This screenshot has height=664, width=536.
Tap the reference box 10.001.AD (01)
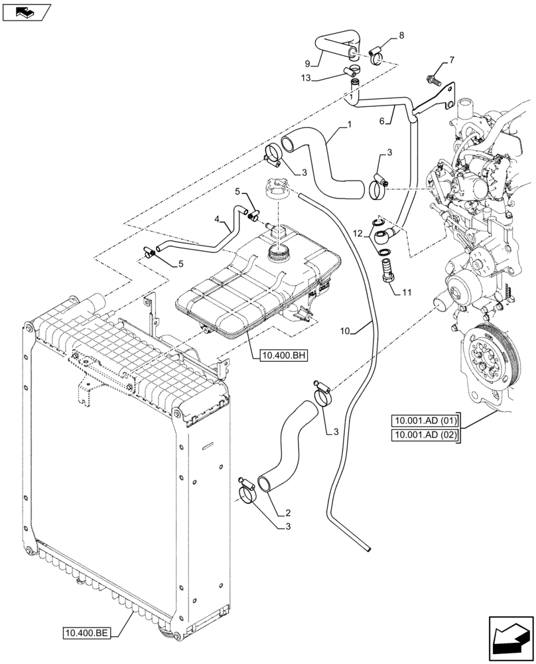tap(425, 420)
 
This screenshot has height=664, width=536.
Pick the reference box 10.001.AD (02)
tap(425, 435)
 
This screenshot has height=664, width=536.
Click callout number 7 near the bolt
tap(452, 60)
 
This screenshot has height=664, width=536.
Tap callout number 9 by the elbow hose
tap(308, 63)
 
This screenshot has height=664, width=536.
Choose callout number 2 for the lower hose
tap(288, 513)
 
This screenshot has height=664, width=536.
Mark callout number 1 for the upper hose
tap(348, 125)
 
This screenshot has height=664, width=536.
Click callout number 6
tap(382, 120)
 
